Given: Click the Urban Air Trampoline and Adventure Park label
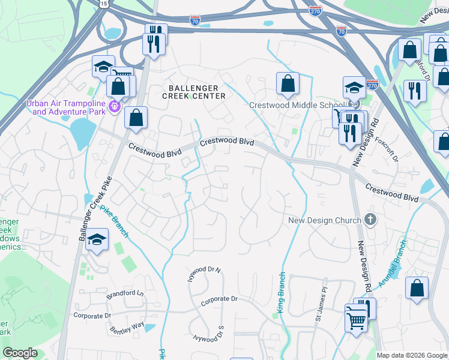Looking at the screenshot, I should [65, 107].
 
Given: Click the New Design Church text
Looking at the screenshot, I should [325, 220].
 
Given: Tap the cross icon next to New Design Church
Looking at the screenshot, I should [370, 220].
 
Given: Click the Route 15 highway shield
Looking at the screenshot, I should [104, 4].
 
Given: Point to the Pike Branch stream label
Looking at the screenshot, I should [114, 220].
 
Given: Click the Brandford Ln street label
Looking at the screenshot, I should [125, 294].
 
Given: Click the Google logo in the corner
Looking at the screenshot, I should [20, 353].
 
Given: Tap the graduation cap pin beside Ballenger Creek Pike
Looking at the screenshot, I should [97, 241].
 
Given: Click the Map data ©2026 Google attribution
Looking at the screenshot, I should [411, 355].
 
